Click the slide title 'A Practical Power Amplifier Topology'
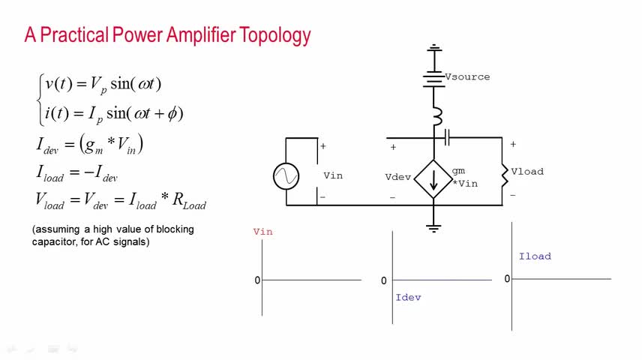[x=167, y=34]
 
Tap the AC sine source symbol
[x=286, y=176]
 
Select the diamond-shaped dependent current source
[x=433, y=179]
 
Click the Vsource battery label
[x=467, y=76]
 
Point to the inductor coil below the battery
[x=435, y=117]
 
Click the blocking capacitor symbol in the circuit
[x=446, y=137]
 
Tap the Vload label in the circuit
[x=527, y=172]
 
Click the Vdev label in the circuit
[x=398, y=178]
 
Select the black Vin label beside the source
[x=333, y=175]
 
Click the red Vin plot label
[x=262, y=232]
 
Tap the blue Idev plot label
[x=408, y=298]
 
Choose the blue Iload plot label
[x=535, y=256]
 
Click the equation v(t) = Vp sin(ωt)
[x=103, y=84]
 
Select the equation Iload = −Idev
[x=76, y=172]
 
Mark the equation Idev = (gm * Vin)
[x=89, y=144]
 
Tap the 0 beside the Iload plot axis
[x=507, y=279]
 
